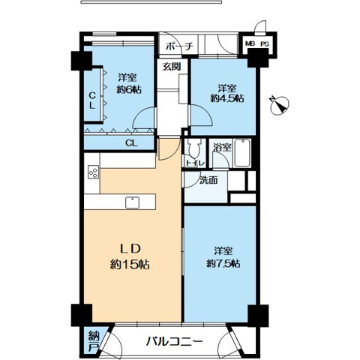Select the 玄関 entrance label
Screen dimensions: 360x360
point(171,66)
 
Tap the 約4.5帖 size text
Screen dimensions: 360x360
point(225,97)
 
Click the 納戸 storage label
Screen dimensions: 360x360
point(93,340)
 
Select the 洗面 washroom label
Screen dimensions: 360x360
point(208,180)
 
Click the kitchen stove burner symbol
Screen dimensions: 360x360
point(93,173)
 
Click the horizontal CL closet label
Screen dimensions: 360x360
point(130,142)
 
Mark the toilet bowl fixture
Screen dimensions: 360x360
point(191,148)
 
